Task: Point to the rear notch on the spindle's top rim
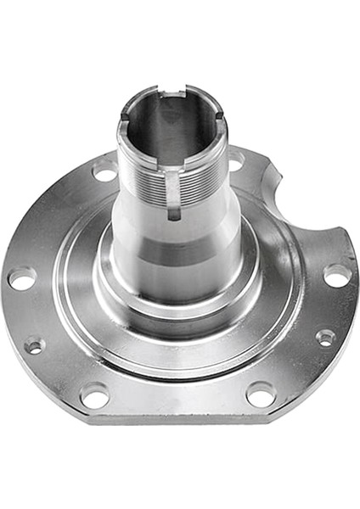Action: click(x=181, y=89)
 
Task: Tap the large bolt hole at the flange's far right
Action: click(x=337, y=275)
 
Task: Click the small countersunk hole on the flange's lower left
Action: click(x=34, y=344)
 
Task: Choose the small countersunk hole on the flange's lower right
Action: click(x=325, y=337)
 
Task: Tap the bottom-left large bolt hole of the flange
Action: click(x=94, y=394)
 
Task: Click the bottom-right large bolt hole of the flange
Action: click(x=260, y=393)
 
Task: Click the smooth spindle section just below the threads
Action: click(x=174, y=233)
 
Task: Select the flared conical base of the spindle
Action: click(x=178, y=280)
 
